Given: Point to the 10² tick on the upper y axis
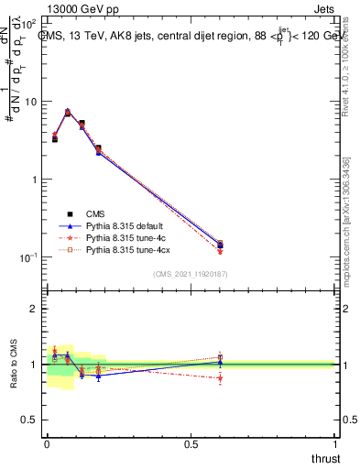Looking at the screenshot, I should point(32,23).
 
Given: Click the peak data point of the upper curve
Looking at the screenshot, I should point(68,112).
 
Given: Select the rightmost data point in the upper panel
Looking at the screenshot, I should point(220,245).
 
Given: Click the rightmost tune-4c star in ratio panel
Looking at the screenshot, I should point(220,377).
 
